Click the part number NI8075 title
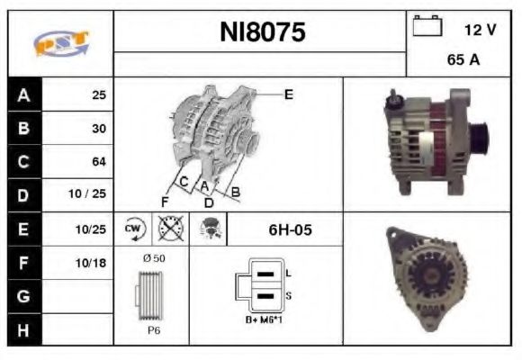click(x=263, y=32)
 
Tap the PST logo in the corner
click(x=60, y=44)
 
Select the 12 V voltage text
click(x=480, y=30)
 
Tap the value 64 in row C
click(x=98, y=162)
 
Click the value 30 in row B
click(x=98, y=129)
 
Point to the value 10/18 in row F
click(x=94, y=262)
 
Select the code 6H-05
click(x=290, y=229)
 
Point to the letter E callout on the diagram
click(x=288, y=94)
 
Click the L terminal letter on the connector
click(x=287, y=272)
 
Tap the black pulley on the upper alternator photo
click(x=479, y=138)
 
